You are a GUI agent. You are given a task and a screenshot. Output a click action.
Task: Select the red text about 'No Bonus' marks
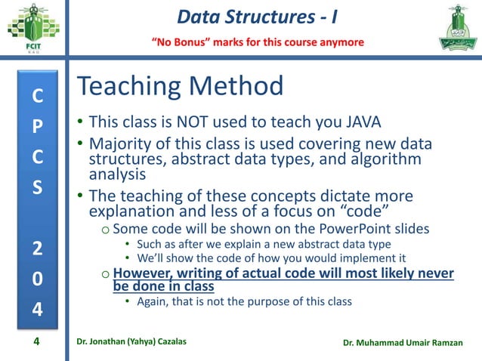coord(259,41)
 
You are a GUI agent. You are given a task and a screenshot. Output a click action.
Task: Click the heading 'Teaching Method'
coord(181,87)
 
